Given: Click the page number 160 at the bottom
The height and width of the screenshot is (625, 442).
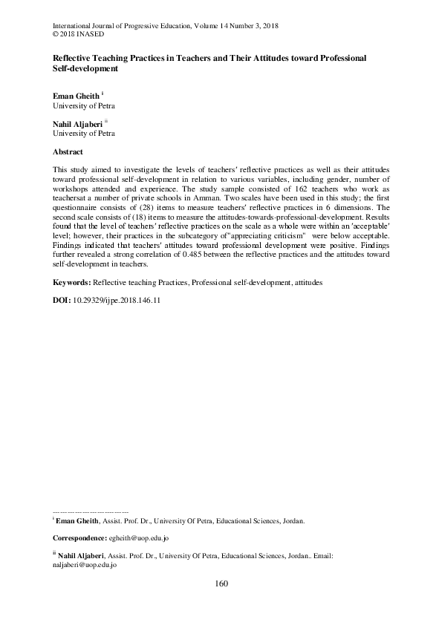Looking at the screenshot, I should point(221,583).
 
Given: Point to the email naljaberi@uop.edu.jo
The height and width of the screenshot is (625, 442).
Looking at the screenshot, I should point(85,564).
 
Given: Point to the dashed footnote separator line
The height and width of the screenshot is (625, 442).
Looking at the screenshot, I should point(91,511).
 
